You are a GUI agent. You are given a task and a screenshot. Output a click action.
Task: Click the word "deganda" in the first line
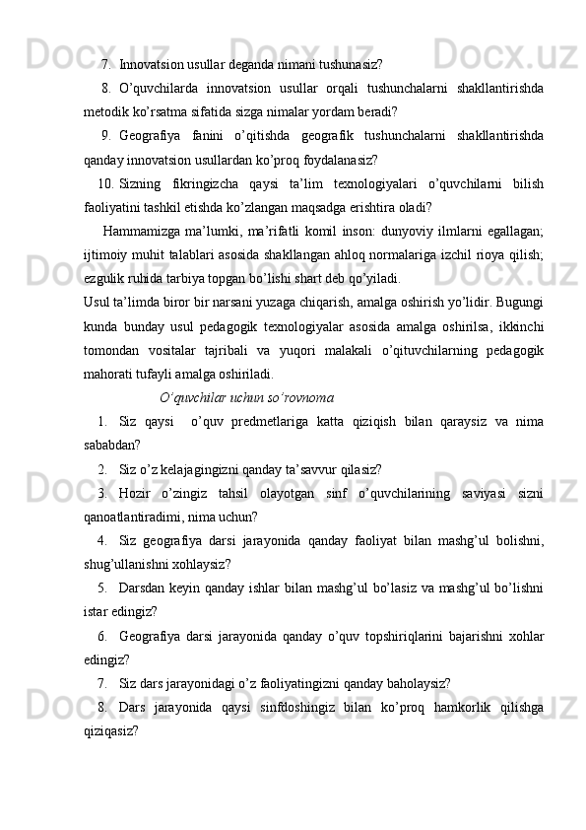231,66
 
